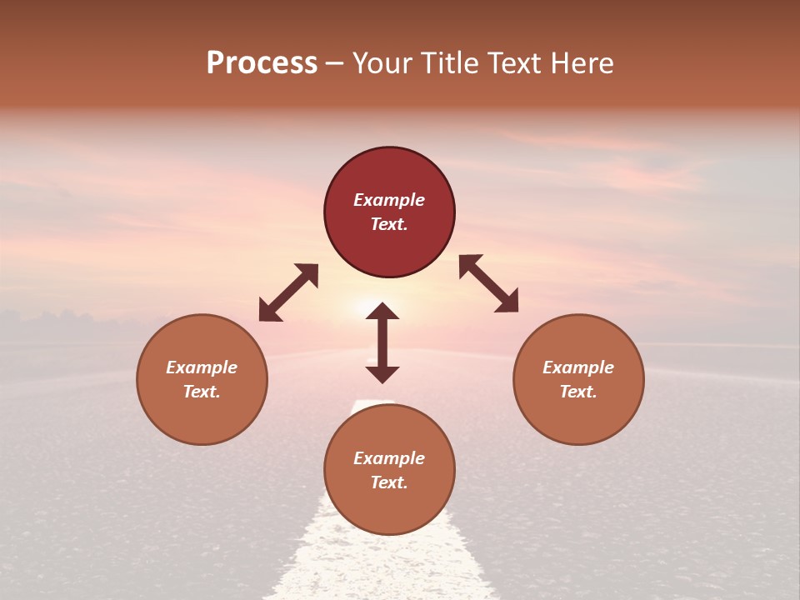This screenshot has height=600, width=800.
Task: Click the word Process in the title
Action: click(x=262, y=63)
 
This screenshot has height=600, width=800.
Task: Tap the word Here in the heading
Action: click(x=582, y=63)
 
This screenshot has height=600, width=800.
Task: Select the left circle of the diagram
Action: click(x=202, y=379)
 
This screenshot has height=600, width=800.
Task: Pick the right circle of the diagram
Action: click(x=578, y=379)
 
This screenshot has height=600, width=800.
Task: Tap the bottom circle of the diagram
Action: click(x=389, y=470)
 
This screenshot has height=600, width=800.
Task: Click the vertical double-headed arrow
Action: click(x=382, y=342)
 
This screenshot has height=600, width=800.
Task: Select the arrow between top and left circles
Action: click(x=288, y=292)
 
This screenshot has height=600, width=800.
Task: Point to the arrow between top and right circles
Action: click(x=489, y=283)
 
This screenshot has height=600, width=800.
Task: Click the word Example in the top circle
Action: click(x=389, y=200)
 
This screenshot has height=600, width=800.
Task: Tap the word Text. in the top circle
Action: click(x=389, y=224)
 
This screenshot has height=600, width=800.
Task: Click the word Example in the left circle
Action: click(x=202, y=367)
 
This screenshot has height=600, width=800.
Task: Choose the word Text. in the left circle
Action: click(x=202, y=392)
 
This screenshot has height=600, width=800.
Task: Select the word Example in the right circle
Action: click(x=578, y=367)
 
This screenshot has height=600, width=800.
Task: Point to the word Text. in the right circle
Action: click(x=578, y=392)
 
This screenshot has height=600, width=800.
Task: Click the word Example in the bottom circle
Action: click(x=389, y=458)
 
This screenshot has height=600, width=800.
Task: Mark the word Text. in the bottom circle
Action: click(x=389, y=482)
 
